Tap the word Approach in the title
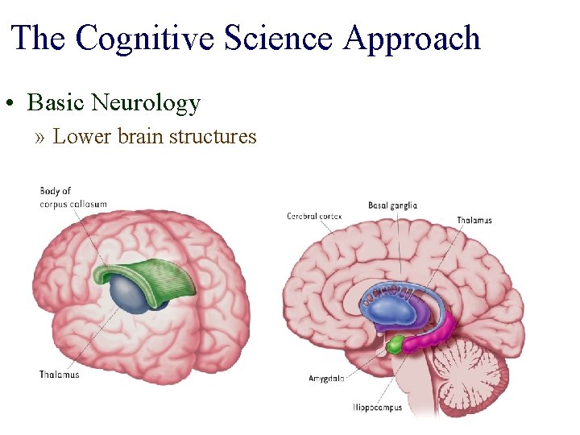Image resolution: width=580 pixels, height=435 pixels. [413, 38]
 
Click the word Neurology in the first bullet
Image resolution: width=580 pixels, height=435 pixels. [146, 102]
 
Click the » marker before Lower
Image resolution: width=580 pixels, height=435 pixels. [41, 137]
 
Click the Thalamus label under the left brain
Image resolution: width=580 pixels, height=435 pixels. [60, 374]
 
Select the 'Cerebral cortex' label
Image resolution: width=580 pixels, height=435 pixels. [314, 216]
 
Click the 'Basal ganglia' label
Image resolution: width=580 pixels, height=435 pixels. [392, 205]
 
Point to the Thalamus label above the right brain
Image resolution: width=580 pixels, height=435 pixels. [474, 220]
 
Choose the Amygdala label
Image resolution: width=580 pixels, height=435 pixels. [327, 378]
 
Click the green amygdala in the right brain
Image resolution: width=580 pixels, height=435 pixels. [396, 346]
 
